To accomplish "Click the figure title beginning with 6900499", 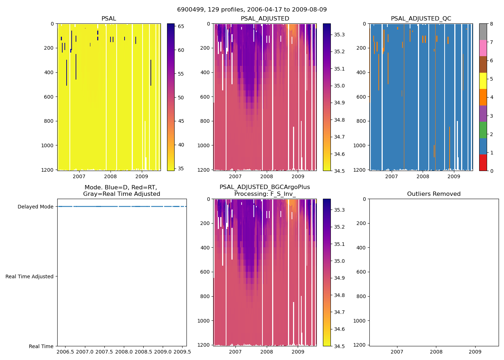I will (252, 10).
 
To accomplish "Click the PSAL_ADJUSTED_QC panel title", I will (421, 19).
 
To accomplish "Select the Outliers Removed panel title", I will (434, 194).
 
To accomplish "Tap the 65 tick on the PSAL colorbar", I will (181, 27).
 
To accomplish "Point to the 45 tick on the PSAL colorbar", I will (181, 121).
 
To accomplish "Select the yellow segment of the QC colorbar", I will (483, 81).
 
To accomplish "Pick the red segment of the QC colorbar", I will (483, 162).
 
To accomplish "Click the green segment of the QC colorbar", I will (483, 130).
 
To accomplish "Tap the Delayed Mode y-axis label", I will (35, 207).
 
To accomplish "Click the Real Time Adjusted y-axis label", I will (30, 276).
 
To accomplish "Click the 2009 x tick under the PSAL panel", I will (141, 176).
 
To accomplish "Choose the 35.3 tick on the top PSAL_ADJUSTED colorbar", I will (339, 35).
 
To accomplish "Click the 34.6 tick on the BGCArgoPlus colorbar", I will (339, 329).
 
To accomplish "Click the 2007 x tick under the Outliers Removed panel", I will (397, 352).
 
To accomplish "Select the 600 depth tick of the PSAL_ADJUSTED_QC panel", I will (361, 97).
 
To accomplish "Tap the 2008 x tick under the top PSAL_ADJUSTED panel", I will (267, 176).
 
